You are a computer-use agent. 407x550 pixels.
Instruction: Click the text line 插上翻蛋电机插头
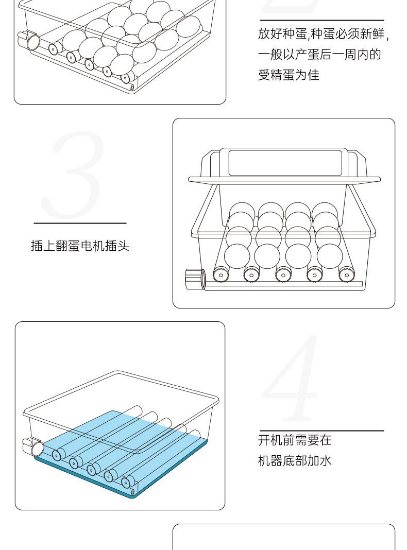pyautogui.click(x=80, y=246)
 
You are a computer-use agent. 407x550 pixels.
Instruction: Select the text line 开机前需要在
pyautogui.click(x=295, y=440)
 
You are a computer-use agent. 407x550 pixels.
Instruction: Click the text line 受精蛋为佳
pyautogui.click(x=289, y=75)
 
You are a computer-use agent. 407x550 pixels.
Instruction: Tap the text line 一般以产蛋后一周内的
pyautogui.click(x=319, y=55)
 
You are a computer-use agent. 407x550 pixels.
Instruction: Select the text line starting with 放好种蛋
pyautogui.click(x=323, y=35)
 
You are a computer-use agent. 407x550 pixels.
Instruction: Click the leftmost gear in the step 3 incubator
pyautogui.click(x=222, y=275)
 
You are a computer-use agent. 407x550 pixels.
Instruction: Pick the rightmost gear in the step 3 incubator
pyautogui.click(x=346, y=275)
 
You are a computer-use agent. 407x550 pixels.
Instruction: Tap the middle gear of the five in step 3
pyautogui.click(x=283, y=275)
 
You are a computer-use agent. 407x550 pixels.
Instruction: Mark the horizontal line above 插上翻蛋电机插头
pyautogui.click(x=80, y=224)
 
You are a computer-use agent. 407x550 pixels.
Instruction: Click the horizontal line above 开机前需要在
pyautogui.click(x=321, y=431)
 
